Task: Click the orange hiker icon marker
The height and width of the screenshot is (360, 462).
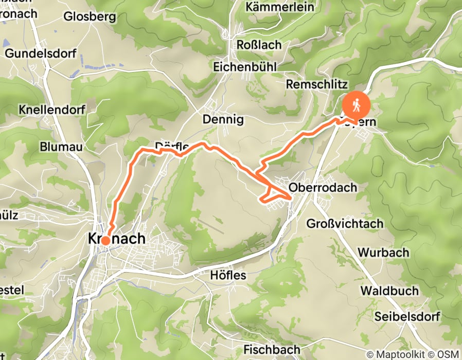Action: click(356, 105)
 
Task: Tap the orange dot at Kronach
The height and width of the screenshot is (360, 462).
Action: click(105, 240)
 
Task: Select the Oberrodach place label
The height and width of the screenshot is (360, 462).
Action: click(323, 188)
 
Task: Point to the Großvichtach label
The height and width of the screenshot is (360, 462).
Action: click(345, 224)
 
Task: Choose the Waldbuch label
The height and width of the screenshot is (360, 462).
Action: click(389, 291)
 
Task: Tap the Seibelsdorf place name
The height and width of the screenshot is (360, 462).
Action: click(407, 316)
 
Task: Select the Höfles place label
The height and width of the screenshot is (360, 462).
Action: click(228, 276)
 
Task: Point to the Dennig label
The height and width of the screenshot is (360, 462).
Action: click(223, 119)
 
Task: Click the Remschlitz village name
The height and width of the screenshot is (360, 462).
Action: click(317, 84)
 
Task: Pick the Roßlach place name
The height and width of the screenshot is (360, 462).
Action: click(259, 45)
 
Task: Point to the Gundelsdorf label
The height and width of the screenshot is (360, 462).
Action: click(40, 53)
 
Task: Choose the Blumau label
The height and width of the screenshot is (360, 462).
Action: click(61, 147)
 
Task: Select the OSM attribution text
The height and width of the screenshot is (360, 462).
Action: click(449, 354)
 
